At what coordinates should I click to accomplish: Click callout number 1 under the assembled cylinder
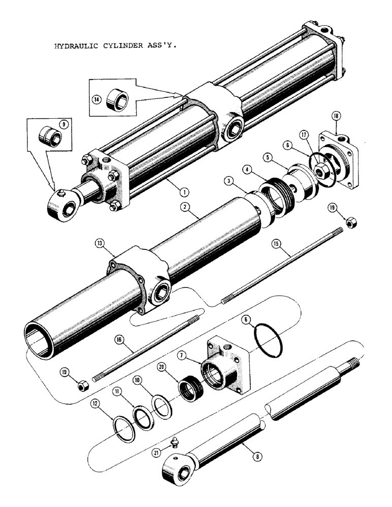pyautogui.click(x=182, y=192)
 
